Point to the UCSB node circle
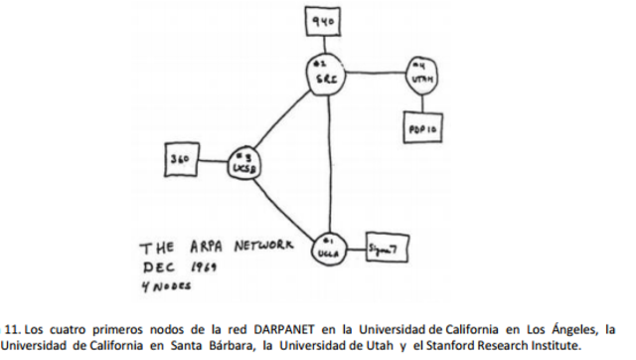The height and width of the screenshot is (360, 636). (x=243, y=163)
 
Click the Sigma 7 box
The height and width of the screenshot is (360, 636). (x=384, y=248)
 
